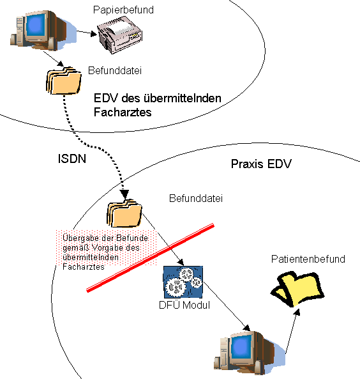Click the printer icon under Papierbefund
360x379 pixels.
[120, 35]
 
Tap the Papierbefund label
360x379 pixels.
[123, 10]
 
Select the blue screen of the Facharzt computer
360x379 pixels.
[36, 25]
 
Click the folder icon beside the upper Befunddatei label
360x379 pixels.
[64, 81]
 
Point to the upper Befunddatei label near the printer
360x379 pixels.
[115, 70]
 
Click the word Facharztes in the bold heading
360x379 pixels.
[123, 112]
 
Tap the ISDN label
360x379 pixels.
[72, 159]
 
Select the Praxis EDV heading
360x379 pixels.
[261, 164]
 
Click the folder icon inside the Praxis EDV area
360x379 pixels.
[124, 213]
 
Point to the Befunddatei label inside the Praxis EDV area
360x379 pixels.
[196, 198]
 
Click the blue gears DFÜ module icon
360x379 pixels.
[183, 282]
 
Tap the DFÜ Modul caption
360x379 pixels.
[184, 305]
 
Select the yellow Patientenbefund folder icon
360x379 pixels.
[297, 289]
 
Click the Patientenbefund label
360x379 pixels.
[308, 259]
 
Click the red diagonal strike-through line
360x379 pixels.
[150, 258]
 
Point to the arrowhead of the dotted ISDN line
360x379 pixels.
[124, 194]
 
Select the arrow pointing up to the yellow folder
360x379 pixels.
[292, 331]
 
